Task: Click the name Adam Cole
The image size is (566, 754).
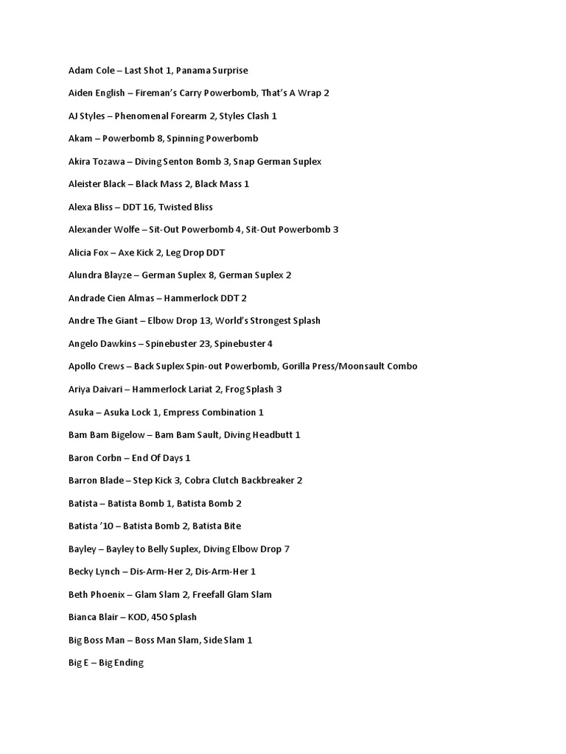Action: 91,71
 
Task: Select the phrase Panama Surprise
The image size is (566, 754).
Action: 212,71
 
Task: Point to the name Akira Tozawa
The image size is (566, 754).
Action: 95,161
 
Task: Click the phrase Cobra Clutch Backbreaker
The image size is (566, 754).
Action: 236,481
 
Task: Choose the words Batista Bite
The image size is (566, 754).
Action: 214,526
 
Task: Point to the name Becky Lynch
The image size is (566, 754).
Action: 94,571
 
